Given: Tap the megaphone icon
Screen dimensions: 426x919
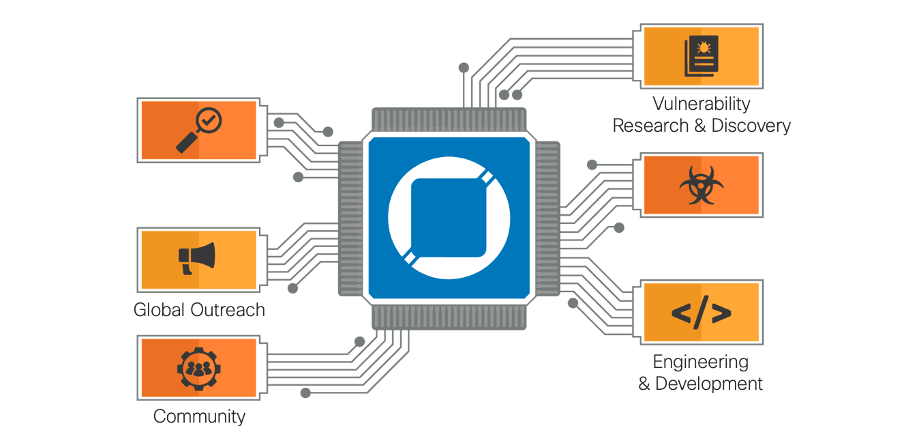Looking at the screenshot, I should point(197,258).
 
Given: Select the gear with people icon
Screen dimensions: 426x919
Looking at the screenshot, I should point(198,368).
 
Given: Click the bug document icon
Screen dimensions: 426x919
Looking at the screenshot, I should point(702,56).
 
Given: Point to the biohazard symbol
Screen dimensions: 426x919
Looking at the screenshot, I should point(700,184).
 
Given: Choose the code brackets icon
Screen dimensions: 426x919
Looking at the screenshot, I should point(701,313).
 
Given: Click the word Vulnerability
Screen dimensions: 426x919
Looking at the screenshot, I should point(701,104).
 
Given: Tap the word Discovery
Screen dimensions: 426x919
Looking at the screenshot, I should point(751,126).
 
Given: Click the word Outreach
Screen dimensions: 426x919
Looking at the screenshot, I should point(228,310).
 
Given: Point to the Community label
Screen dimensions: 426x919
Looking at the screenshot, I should point(199,416).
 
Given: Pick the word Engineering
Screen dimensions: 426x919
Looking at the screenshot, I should point(700,362).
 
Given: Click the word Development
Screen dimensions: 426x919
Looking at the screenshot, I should point(709,384).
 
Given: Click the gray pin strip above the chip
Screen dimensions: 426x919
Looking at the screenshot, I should point(449,118).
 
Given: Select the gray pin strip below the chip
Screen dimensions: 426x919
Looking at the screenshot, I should point(449,317).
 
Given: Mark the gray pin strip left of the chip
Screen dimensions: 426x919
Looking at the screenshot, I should point(350,218).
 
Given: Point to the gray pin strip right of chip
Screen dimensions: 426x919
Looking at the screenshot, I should point(547,218).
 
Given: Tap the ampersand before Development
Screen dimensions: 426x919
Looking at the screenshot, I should point(644,384).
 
